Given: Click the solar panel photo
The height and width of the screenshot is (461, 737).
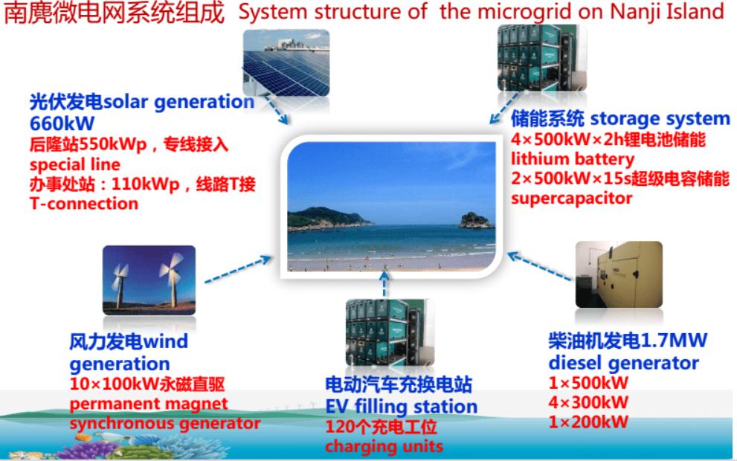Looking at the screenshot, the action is (286, 62).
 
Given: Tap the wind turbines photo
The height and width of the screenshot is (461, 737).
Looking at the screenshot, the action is (149, 280).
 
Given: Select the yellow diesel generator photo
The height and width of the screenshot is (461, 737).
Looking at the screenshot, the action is (619, 275).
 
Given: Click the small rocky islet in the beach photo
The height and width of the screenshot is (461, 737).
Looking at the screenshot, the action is (475, 220).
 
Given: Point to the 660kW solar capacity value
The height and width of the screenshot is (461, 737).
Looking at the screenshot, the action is (62, 123).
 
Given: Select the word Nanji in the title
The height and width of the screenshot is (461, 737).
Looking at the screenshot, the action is (633, 12).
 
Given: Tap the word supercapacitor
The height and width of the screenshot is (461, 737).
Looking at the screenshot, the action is (572, 199).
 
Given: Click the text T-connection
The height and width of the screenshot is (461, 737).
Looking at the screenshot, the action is (84, 204).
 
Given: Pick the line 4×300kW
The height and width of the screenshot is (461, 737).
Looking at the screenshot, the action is (588, 403).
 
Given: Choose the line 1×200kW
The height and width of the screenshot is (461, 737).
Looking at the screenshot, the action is (588, 422).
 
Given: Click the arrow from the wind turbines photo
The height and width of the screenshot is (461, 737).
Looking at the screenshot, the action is (238, 269).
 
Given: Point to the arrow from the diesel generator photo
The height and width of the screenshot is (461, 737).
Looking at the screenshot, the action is (541, 266).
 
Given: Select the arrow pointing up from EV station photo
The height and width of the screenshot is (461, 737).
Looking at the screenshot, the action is (384, 283).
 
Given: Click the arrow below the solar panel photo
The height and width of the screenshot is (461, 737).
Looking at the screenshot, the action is (277, 110).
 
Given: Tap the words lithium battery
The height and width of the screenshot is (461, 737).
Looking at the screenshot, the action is (573, 160).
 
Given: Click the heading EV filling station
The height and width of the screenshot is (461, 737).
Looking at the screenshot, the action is (402, 407).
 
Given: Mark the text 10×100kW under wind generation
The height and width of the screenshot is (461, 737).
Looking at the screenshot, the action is (115, 384).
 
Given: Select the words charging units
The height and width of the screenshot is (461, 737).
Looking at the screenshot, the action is (384, 446).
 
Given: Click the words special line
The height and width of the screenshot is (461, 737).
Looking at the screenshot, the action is (74, 165).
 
